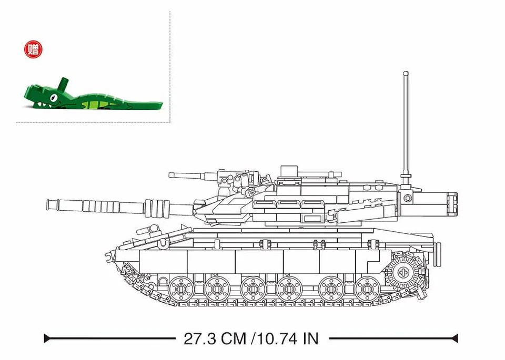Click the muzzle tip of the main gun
tap(49, 204)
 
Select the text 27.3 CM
tap(215, 338)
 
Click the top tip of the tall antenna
tap(406, 74)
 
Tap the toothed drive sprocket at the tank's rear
tap(403, 272)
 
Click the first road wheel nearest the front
tap(181, 288)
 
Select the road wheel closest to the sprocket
tap(366, 288)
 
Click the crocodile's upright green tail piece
tap(64, 85)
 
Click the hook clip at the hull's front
tap(109, 257)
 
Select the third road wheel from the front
tap(254, 288)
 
